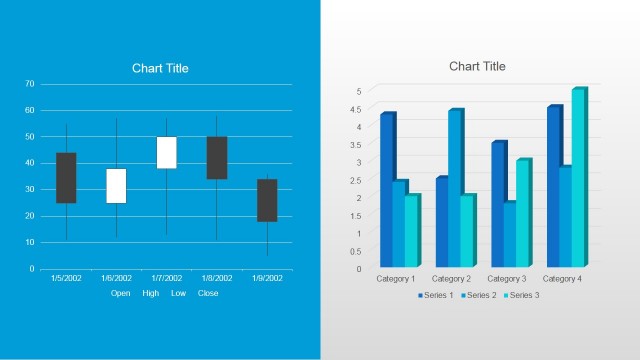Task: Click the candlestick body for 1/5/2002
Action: [66, 177]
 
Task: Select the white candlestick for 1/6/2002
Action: [116, 185]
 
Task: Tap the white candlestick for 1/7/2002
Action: [166, 152]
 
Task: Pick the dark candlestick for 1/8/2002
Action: [216, 157]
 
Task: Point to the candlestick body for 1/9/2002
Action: [266, 200]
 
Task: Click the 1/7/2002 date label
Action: [167, 278]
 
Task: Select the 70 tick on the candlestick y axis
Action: [30, 84]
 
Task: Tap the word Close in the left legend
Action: [208, 293]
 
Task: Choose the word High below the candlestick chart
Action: [150, 293]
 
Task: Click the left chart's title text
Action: [160, 68]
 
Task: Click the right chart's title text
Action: [477, 66]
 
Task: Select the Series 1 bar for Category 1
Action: [386, 190]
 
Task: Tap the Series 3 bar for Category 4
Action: [578, 178]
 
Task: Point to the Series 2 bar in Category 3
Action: [509, 234]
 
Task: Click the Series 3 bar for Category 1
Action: [411, 231]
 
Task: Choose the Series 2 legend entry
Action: [480, 295]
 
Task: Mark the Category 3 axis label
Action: [507, 278]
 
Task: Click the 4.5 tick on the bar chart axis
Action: [358, 108]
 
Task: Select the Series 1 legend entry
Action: [436, 295]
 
